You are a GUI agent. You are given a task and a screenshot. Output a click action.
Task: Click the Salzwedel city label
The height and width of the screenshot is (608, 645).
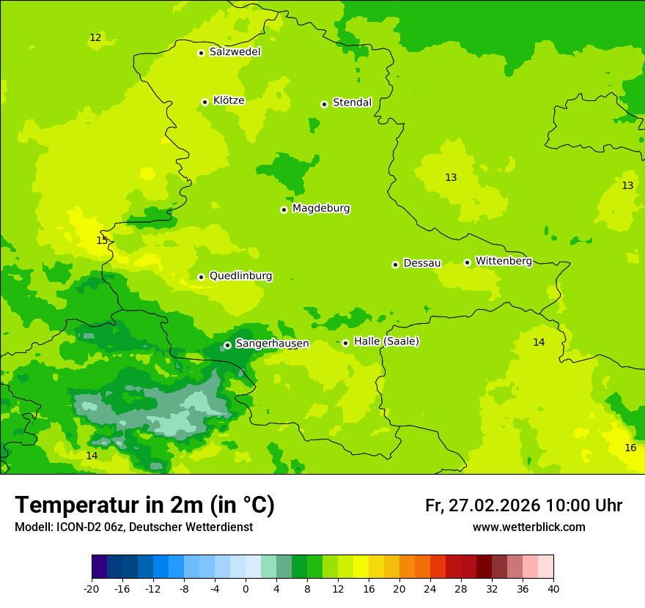tap(235, 52)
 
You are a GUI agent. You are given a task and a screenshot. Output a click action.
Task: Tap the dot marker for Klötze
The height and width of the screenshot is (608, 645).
tap(204, 102)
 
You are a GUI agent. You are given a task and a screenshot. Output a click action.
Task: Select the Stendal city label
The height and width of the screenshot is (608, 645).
tap(352, 103)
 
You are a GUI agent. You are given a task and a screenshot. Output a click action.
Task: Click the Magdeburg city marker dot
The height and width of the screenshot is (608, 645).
tap(284, 210)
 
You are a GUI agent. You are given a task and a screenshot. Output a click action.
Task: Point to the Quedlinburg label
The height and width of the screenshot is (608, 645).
tap(240, 276)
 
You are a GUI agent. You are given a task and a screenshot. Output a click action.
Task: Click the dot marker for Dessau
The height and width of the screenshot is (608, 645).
tap(395, 264)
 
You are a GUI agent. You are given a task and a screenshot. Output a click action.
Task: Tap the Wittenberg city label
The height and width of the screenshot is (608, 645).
tap(504, 261)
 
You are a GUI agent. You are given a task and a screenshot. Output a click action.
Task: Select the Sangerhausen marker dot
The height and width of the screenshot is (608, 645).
tap(227, 345)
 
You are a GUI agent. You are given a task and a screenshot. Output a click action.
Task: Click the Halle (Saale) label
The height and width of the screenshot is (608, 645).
tap(386, 341)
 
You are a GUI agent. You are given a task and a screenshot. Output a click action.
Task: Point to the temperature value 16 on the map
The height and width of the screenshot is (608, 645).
tap(630, 448)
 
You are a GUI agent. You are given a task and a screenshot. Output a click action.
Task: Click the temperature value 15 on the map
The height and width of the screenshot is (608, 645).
tap(102, 240)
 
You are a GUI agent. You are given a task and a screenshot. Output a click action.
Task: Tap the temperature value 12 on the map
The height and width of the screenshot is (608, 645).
tap(95, 37)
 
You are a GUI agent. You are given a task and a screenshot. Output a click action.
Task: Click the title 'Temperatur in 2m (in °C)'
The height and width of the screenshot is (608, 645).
tap(144, 505)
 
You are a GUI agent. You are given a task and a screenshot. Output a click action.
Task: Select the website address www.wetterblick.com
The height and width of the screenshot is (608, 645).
tap(528, 527)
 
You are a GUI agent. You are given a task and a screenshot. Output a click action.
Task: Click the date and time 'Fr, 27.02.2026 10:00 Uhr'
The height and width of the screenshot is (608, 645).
tap(523, 505)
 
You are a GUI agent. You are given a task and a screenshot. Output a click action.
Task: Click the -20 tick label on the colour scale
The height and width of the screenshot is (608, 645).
tap(92, 588)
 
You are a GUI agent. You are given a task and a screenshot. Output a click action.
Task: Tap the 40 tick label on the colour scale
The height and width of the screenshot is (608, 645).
tap(553, 588)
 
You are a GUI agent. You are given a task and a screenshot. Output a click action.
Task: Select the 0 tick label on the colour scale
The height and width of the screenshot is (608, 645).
tap(246, 588)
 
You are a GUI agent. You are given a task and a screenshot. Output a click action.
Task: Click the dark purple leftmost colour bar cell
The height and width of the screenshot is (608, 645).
tap(99, 567)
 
